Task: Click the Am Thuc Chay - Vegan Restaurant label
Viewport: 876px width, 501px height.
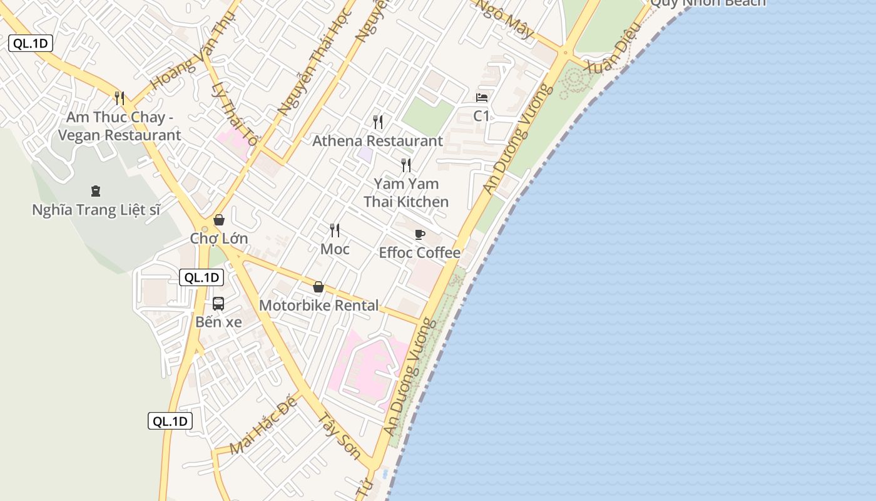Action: (119, 126)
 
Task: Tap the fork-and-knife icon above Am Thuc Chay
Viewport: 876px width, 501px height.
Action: (120, 98)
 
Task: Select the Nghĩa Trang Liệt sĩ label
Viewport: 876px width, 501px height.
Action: (96, 210)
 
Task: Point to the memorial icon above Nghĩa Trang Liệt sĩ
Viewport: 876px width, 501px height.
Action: (96, 190)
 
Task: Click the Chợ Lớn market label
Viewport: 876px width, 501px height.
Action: (219, 239)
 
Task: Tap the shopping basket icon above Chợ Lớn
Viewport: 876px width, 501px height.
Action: (219, 220)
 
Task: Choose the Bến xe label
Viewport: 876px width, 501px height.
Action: (218, 323)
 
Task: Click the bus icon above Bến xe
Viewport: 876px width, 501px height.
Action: (218, 304)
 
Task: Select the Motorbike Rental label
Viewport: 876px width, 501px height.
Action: (318, 306)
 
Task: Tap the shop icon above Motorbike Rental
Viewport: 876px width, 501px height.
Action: (318, 287)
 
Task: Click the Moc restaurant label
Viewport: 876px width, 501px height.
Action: (335, 249)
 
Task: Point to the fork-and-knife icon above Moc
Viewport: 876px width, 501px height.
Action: (335, 230)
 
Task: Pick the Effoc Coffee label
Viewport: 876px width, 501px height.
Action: (420, 253)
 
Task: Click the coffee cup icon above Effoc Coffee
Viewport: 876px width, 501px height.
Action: (420, 234)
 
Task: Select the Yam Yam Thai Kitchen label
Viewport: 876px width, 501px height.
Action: (406, 193)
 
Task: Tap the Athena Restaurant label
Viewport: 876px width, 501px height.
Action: (377, 141)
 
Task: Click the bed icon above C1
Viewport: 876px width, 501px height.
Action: (482, 98)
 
